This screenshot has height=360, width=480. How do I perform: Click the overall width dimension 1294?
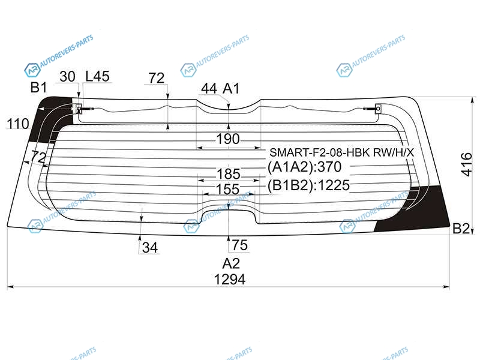(230, 280)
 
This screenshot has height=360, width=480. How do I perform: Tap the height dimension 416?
(467, 164)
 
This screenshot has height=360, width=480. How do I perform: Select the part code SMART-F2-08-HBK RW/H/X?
(341, 152)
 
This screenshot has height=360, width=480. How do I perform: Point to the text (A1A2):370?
(304, 167)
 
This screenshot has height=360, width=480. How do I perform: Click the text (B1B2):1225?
(308, 185)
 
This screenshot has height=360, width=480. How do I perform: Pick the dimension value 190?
(228, 139)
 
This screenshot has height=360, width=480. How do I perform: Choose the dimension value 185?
(229, 174)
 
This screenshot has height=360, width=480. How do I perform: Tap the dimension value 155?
(228, 189)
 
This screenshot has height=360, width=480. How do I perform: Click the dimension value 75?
(239, 245)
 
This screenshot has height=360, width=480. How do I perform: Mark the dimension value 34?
(150, 247)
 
